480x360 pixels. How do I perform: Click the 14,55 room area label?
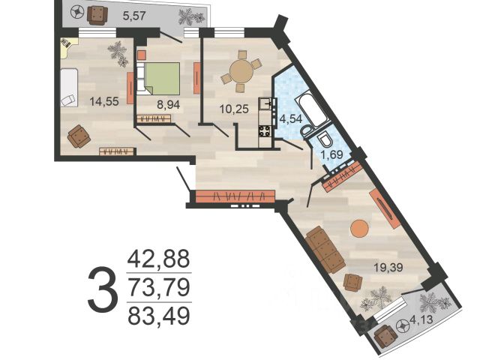(x=104, y=101)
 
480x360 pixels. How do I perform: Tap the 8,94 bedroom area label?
(x=168, y=105)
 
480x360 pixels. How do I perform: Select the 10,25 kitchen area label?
(x=234, y=109)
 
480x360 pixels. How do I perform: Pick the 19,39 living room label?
(x=388, y=268)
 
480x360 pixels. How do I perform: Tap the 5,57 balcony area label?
(x=133, y=15)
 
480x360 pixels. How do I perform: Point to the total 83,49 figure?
(x=159, y=316)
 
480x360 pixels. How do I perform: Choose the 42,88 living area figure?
(x=159, y=259)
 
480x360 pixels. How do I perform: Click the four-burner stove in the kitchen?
(x=265, y=131)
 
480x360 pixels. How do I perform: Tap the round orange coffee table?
(x=358, y=228)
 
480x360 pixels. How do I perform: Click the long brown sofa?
(x=325, y=250)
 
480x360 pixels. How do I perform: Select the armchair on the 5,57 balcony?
(x=97, y=15)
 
